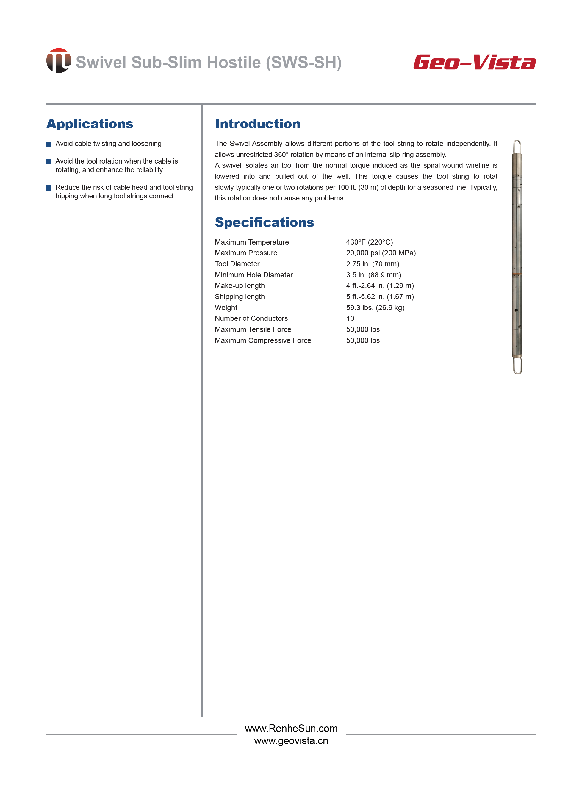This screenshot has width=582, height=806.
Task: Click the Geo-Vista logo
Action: click(x=474, y=62)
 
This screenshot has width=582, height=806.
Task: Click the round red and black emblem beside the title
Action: click(x=59, y=61)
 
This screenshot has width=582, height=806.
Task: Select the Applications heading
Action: click(x=90, y=124)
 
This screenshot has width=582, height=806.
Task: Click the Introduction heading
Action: click(x=257, y=124)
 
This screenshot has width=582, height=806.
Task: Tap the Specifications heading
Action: click(x=264, y=222)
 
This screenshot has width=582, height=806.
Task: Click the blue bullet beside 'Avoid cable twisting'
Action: click(x=49, y=144)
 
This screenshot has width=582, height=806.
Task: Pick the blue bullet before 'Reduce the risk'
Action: click(x=49, y=188)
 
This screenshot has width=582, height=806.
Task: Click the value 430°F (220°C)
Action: click(x=369, y=242)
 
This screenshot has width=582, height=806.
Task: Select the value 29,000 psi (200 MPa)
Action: click(x=381, y=253)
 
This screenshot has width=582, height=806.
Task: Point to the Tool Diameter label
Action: click(x=237, y=264)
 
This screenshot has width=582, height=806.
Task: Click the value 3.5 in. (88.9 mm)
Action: click(x=373, y=275)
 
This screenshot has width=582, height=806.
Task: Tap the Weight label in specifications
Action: click(x=226, y=307)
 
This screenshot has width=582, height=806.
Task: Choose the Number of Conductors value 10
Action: click(x=350, y=318)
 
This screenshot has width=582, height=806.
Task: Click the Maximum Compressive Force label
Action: click(x=263, y=340)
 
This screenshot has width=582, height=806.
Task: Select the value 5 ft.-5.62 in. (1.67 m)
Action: click(x=380, y=296)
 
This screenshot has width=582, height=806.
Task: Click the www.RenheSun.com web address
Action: click(x=291, y=728)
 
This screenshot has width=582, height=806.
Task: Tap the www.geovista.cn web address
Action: click(x=291, y=740)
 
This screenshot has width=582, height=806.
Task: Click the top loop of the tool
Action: click(x=517, y=147)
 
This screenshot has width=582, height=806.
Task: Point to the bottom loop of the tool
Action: click(x=517, y=366)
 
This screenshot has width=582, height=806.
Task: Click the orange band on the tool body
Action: click(x=517, y=274)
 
